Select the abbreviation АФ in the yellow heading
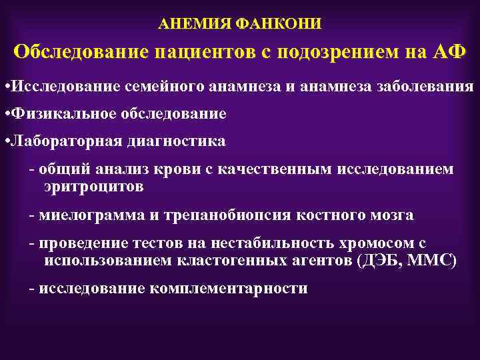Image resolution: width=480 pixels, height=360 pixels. pos(444,53)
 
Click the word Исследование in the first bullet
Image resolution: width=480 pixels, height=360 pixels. pos(63,87)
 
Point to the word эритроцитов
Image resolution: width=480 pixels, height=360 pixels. pos(93,187)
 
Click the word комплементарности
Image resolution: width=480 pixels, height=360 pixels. pos(229,289)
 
